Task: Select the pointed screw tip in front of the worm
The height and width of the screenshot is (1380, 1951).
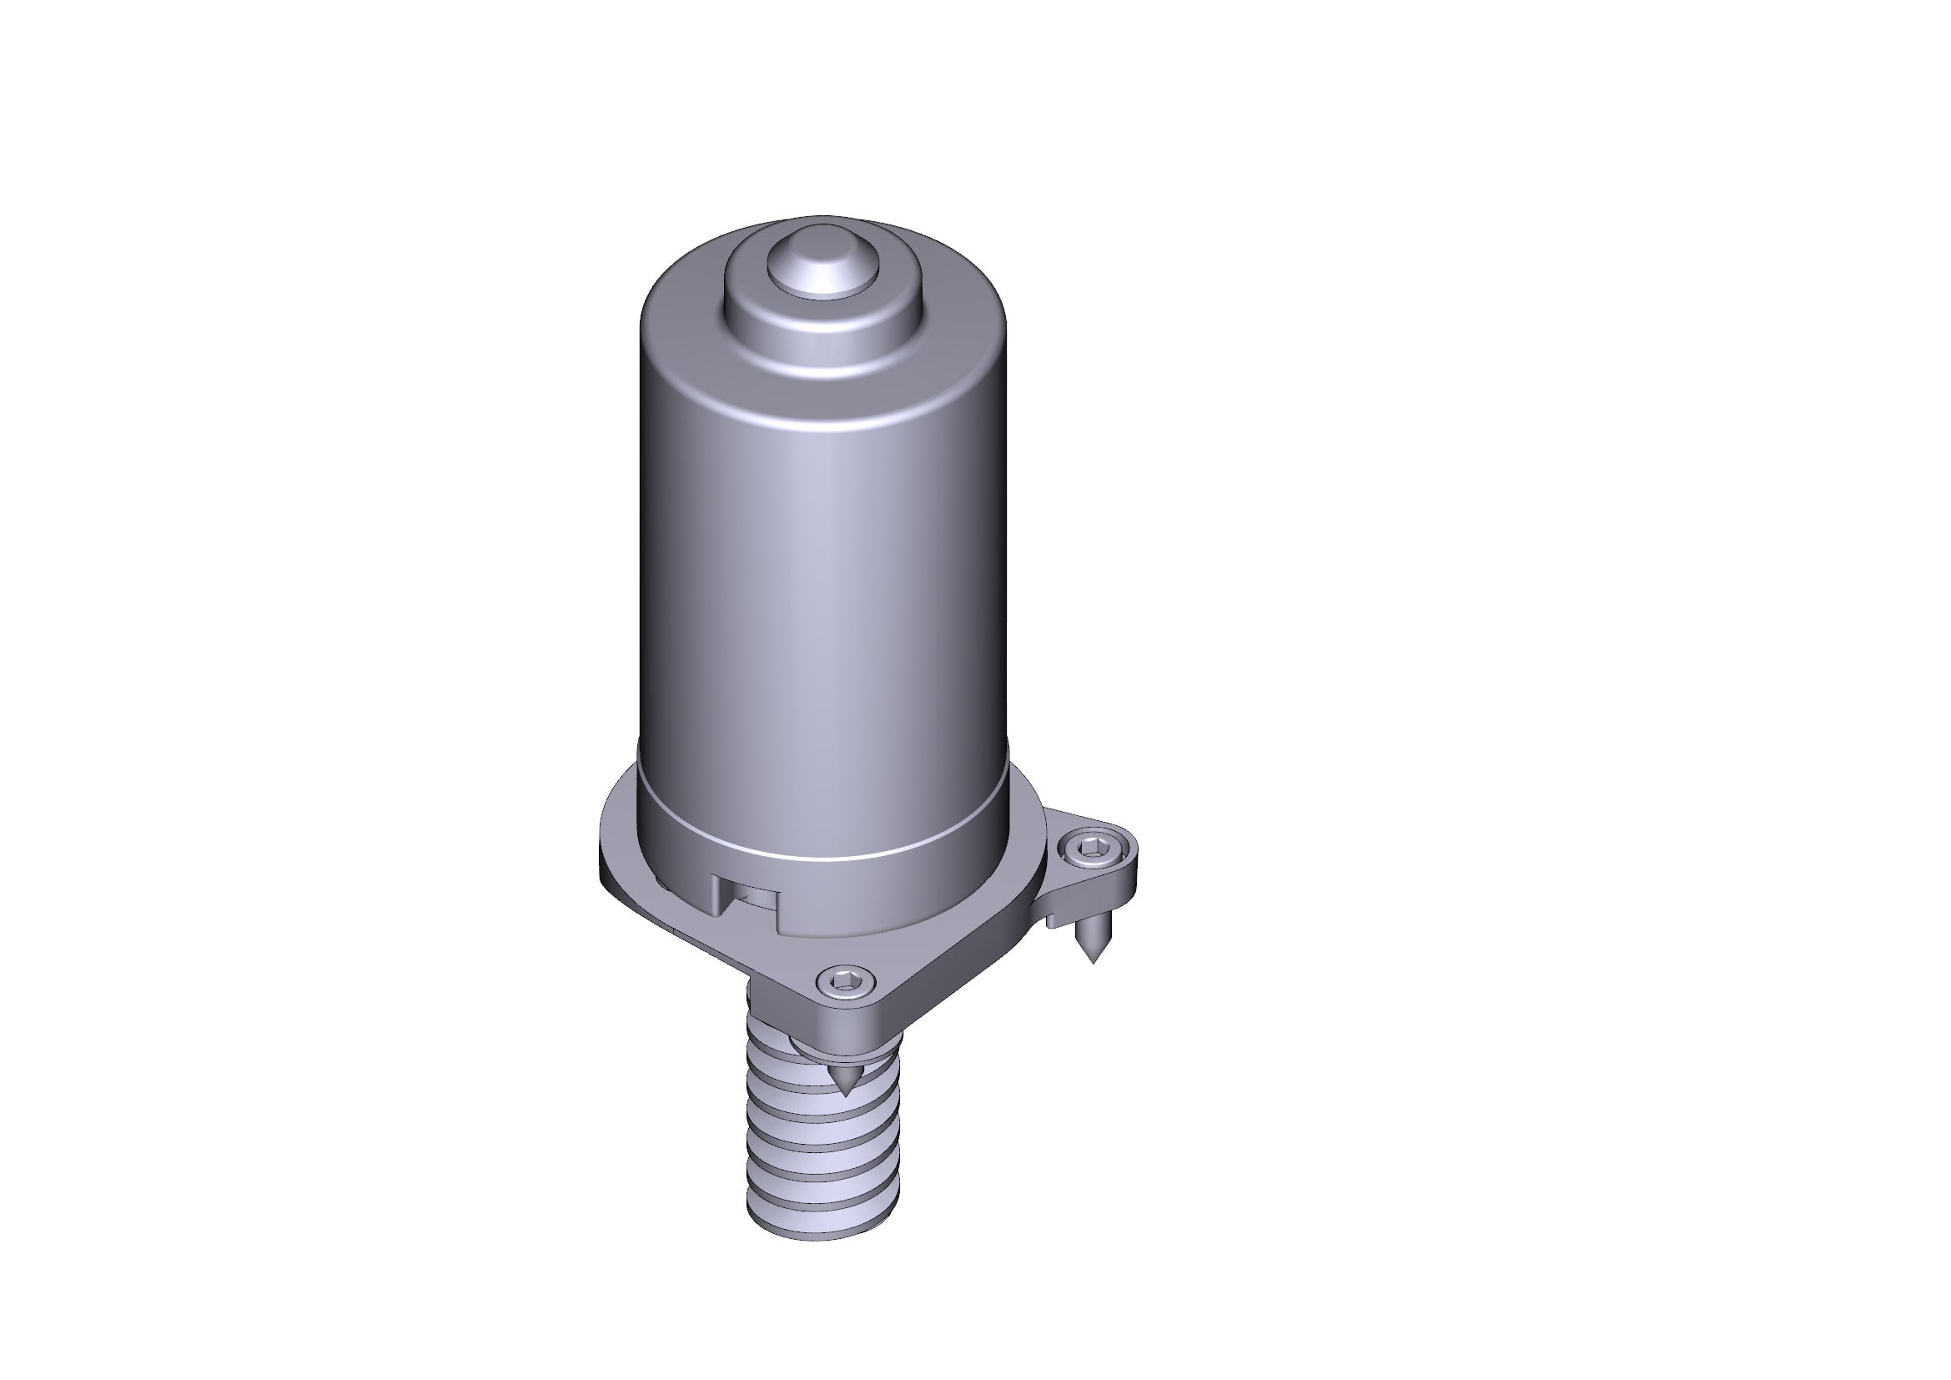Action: click(846, 1084)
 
